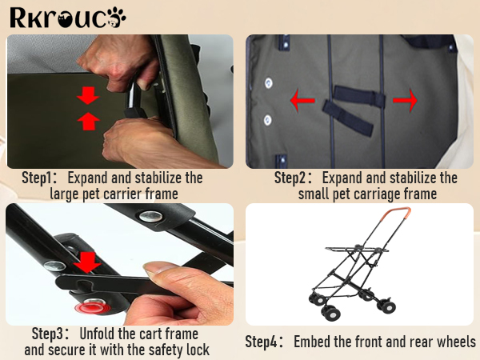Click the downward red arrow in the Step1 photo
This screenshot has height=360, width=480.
88,95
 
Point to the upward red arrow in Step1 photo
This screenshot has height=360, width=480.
88,122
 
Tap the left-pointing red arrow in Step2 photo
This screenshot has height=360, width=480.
302,100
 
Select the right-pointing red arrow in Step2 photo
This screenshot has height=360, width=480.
405,100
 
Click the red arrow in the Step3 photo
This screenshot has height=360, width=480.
87,262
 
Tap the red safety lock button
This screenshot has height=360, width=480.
90,306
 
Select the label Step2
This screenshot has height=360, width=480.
290,178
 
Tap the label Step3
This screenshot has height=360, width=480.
47,334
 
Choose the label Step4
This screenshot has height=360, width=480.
262,342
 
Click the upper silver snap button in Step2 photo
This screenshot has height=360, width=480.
269,82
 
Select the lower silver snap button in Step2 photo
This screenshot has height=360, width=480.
268,120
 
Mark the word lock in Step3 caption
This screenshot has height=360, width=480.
198,350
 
